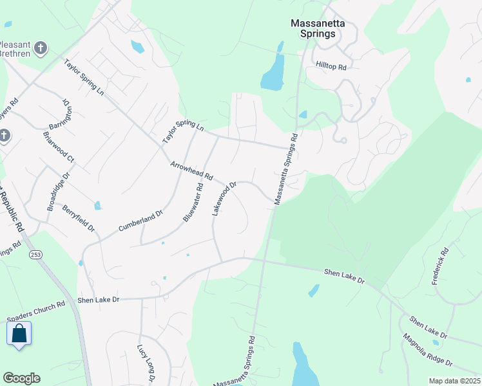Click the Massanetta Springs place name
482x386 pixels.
pyautogui.click(x=318, y=28)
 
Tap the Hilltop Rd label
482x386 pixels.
pyautogui.click(x=332, y=66)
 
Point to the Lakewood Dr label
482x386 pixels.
pyautogui.click(x=225, y=198)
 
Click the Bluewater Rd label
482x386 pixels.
pyautogui.click(x=193, y=203)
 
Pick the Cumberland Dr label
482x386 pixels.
pyautogui.click(x=140, y=221)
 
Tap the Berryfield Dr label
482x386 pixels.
pyautogui.click(x=78, y=219)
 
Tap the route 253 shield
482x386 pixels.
pyautogui.click(x=35, y=255)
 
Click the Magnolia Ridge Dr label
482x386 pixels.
pyautogui.click(x=428, y=349)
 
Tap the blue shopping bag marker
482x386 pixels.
pyautogui.click(x=19, y=333)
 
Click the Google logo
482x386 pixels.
pyautogui.click(x=21, y=378)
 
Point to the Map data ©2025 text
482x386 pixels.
pyautogui.click(x=454, y=381)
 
